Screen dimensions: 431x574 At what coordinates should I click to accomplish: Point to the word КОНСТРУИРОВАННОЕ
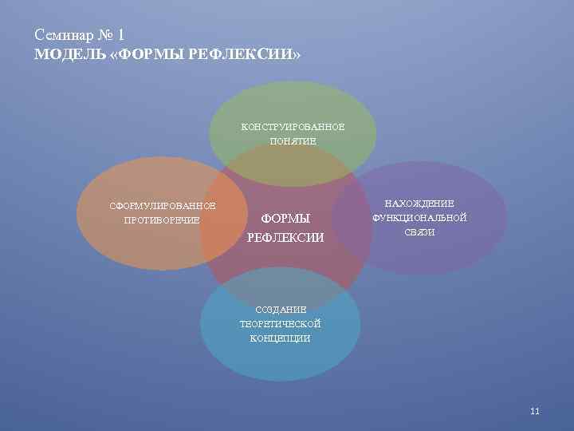tap(293, 127)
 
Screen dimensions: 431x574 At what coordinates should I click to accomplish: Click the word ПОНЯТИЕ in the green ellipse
tap(293, 141)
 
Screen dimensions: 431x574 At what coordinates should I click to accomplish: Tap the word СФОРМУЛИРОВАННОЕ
tap(163, 207)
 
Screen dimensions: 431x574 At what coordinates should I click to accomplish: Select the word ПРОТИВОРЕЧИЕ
tap(163, 220)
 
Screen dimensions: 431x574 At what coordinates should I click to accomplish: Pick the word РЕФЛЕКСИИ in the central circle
tap(285, 237)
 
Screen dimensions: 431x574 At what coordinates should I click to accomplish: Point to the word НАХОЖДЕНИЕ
tap(419, 204)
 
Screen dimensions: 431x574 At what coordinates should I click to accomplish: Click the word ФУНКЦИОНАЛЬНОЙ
tap(419, 218)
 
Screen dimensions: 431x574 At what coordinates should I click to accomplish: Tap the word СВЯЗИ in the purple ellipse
tap(419, 231)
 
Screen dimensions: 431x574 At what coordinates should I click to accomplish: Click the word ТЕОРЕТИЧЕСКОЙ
tap(280, 324)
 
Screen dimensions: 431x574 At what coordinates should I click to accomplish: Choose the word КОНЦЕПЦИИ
tap(280, 338)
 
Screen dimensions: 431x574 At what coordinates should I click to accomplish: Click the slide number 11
tap(535, 411)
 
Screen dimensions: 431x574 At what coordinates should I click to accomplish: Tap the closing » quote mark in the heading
tap(297, 56)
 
